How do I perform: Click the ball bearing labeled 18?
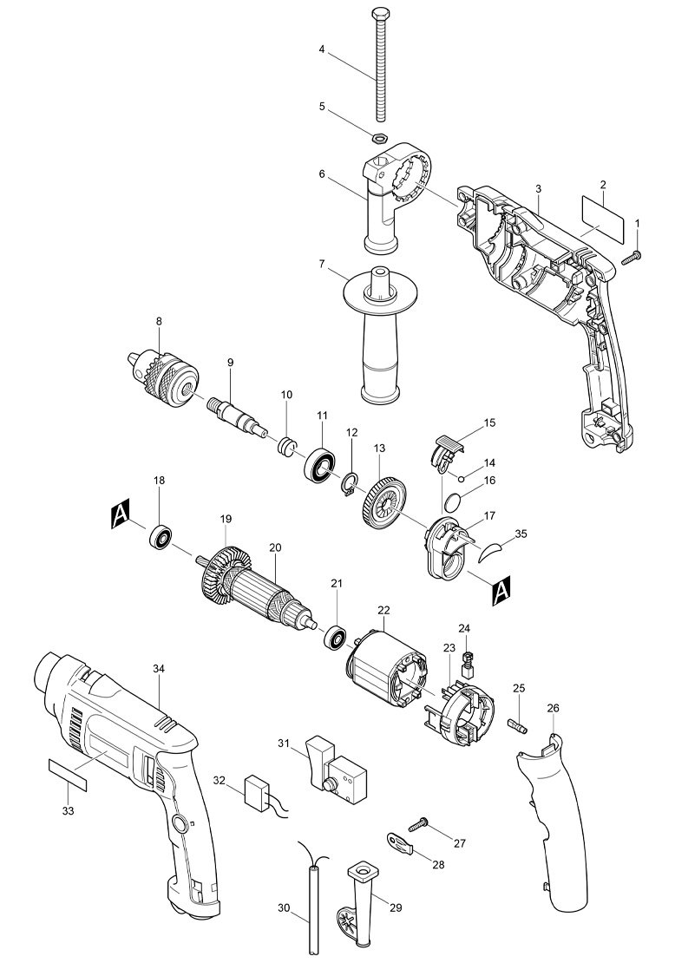point(159,539)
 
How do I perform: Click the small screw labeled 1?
point(632,255)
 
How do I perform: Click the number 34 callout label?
point(159,669)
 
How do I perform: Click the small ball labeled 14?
point(465,476)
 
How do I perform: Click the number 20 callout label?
point(275,547)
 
